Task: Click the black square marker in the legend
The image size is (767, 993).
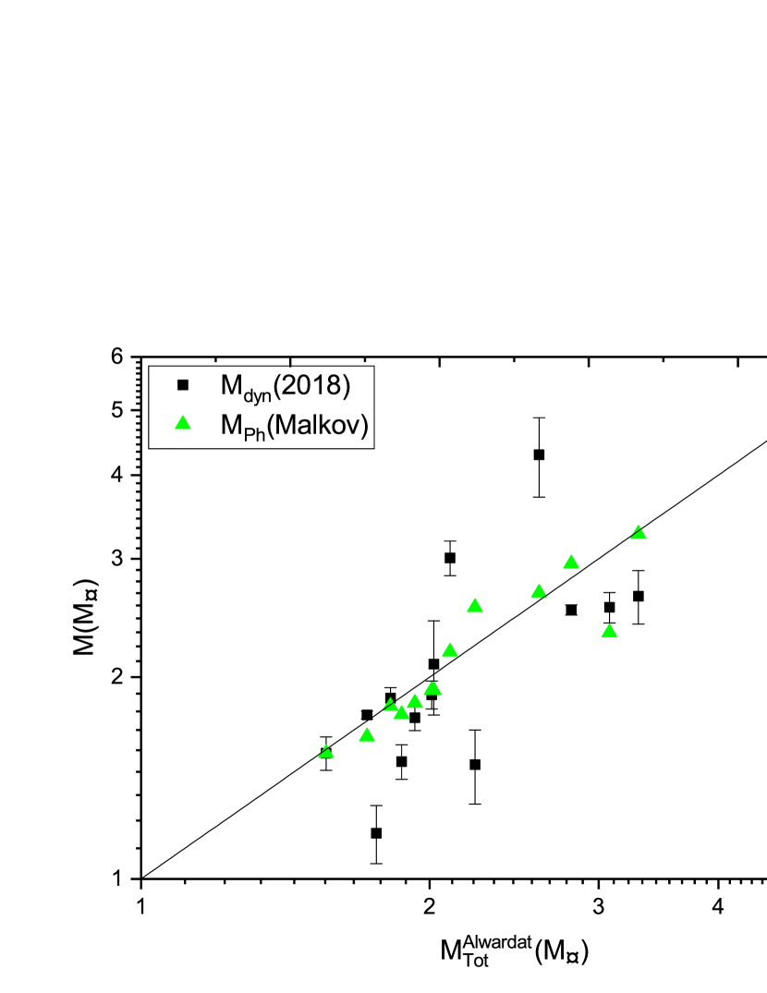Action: coord(182,385)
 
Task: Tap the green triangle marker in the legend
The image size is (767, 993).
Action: coord(182,423)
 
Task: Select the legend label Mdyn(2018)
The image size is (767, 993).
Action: coord(285,385)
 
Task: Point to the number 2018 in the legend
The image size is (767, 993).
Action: coord(313,385)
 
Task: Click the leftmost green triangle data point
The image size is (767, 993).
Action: coord(325,752)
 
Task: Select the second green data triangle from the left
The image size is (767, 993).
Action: coord(366,734)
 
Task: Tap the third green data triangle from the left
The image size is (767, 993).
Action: coord(390,705)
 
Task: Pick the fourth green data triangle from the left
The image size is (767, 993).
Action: coord(401,712)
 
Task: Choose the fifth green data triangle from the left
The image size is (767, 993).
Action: coord(415,701)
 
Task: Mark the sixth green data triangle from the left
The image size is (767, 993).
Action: coord(432,688)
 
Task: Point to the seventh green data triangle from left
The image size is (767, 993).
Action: coord(450,649)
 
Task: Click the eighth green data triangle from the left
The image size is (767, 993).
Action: coord(475,605)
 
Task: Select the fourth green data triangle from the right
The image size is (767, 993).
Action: coord(539,591)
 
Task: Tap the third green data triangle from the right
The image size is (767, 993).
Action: coord(571,562)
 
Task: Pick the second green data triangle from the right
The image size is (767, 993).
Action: coord(609,631)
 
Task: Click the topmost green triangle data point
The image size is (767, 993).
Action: coord(639,532)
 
